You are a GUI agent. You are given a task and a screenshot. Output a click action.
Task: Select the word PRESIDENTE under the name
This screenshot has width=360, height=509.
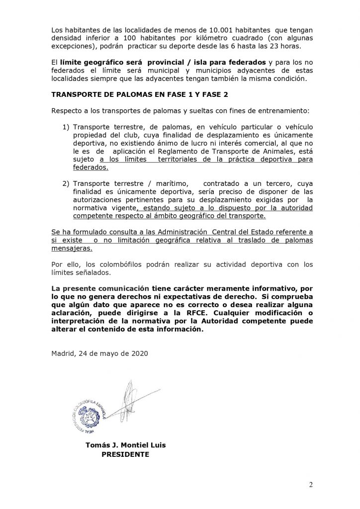coord(125,454)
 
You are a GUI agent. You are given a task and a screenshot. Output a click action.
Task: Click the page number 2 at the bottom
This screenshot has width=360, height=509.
coord(311,486)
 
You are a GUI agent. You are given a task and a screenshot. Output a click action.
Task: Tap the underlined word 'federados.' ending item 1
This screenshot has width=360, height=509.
coord(90,168)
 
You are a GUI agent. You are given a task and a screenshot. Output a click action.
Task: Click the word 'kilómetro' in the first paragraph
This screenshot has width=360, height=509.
coord(207,38)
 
